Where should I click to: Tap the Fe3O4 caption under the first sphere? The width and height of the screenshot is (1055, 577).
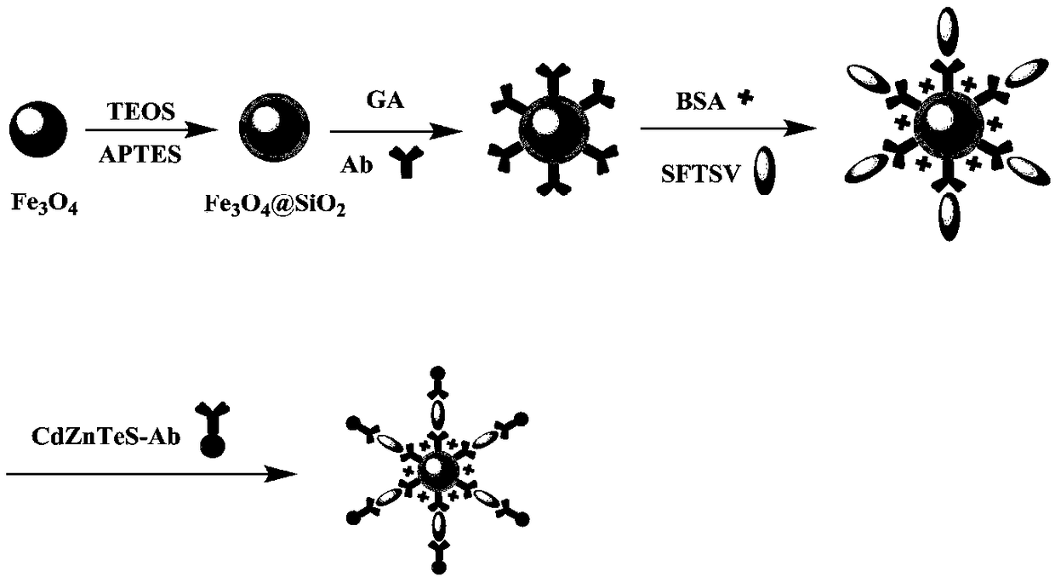(x=45, y=203)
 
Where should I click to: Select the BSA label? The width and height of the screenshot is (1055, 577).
(x=697, y=100)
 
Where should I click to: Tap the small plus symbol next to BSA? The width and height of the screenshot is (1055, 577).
(x=746, y=99)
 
